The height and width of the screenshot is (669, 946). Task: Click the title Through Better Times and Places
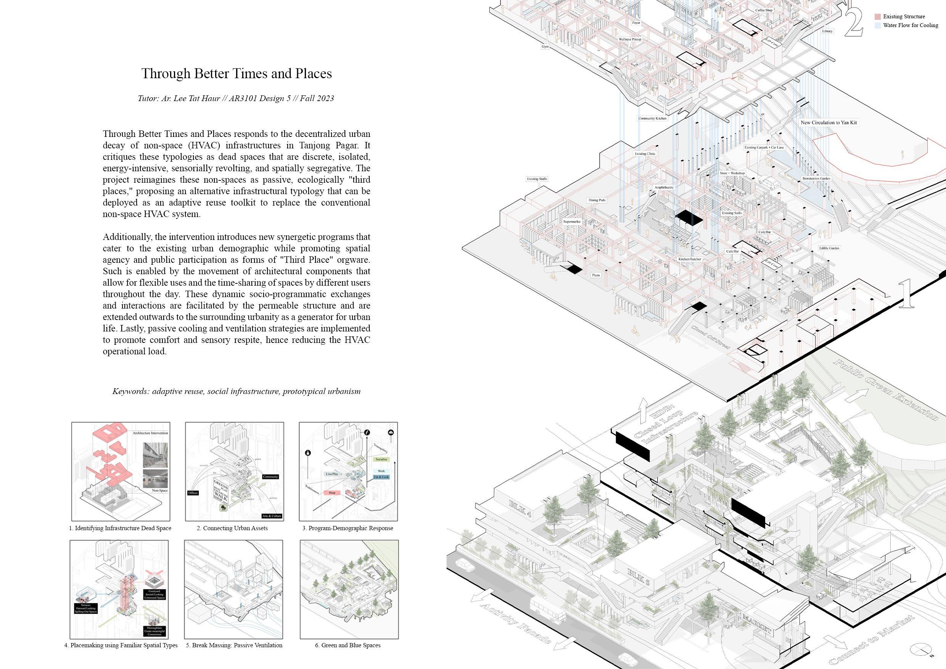236,73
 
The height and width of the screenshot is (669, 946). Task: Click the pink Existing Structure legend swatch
877,17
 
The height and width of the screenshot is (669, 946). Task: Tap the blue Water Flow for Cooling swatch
877,26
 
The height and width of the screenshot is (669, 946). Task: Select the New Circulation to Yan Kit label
829,122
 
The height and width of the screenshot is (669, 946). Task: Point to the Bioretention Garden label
816,179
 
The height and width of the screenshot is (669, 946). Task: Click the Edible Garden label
829,248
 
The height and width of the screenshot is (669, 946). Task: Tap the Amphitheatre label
664,187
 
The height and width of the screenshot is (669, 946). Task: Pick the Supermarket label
572,222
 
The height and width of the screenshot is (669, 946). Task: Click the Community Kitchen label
652,118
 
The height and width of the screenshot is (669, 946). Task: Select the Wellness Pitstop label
629,39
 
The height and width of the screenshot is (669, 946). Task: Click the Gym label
545,47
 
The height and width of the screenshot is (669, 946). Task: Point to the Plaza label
596,275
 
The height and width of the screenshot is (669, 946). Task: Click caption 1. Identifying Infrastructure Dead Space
120,528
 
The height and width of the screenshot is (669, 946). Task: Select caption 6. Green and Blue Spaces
348,645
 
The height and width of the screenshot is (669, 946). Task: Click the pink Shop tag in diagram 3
332,493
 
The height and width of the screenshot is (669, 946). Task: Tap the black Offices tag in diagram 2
193,493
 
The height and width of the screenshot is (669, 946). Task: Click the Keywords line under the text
236,391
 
